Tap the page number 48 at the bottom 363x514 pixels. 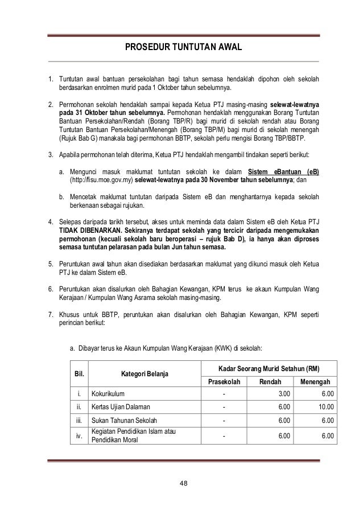pos(183,484)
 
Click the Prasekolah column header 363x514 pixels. pos(224,381)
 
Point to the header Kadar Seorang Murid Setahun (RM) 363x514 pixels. pos(269,368)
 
